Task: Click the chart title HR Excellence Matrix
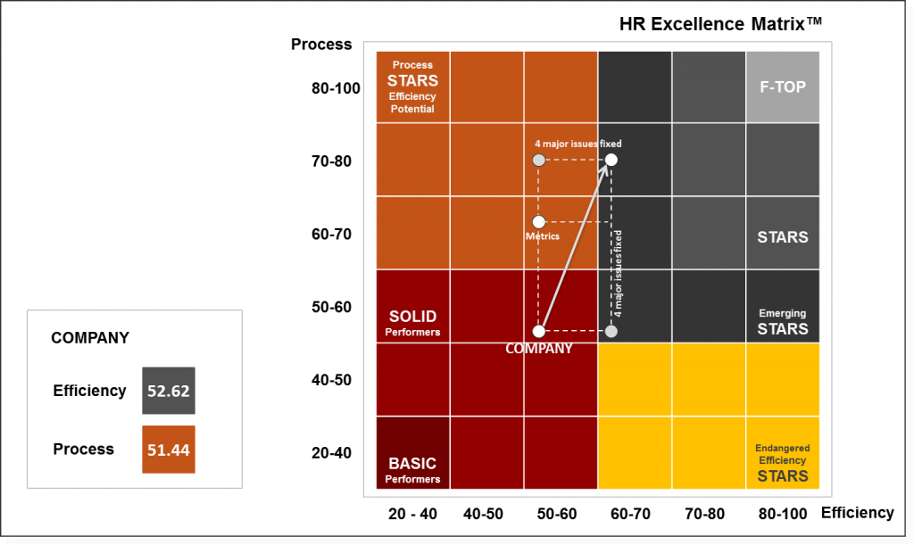click(x=720, y=24)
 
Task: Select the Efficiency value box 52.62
click(x=169, y=391)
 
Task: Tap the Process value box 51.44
click(x=169, y=450)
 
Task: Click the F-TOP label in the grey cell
click(x=783, y=87)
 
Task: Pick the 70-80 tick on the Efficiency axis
click(x=709, y=514)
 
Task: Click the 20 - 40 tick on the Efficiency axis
click(x=412, y=514)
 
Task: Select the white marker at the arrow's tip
click(x=611, y=160)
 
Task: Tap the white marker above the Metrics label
click(x=538, y=221)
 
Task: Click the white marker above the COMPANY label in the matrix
click(x=539, y=331)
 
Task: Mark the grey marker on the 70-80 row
click(x=538, y=160)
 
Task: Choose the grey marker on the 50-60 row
click(x=611, y=331)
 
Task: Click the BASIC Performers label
click(x=412, y=470)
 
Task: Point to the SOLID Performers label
click(x=412, y=323)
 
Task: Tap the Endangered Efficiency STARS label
click(x=782, y=461)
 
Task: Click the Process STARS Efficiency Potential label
click(x=412, y=87)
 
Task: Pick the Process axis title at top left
click(x=321, y=45)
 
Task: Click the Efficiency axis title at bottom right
click(x=857, y=512)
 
